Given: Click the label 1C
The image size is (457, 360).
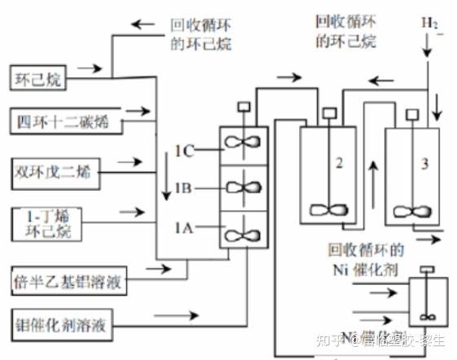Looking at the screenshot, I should point(183,149).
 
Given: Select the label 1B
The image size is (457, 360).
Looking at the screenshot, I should point(183,188).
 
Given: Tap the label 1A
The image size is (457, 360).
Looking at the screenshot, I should point(183,230).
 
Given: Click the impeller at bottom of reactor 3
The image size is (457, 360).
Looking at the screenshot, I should point(414,209).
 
